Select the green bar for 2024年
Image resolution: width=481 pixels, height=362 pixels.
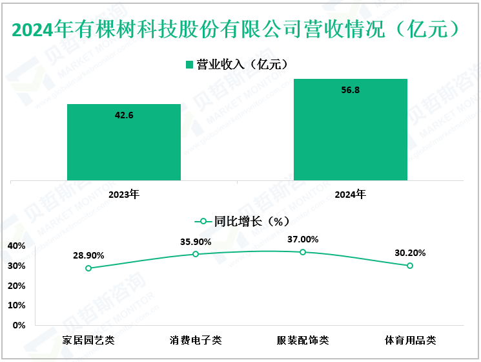point(351,129)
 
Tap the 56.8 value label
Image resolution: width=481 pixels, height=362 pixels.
point(351,90)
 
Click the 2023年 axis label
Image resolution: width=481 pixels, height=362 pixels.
point(124,194)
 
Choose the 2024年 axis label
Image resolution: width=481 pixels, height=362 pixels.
point(351,194)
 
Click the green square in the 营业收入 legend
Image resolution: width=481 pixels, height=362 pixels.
point(190,64)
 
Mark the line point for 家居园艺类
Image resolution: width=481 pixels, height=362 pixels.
point(88,268)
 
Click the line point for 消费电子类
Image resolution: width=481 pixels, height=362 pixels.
point(196,254)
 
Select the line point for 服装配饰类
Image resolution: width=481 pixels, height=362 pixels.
point(303,252)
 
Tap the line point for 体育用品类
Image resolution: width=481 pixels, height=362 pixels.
point(410,266)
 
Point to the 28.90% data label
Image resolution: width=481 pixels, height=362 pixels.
point(88,255)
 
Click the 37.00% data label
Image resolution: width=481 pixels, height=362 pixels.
point(303,239)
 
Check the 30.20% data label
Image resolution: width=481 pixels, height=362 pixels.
point(410,253)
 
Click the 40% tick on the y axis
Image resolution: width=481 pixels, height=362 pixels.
point(17,246)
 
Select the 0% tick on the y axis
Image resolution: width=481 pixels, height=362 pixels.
point(19,325)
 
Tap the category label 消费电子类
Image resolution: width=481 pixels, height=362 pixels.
point(196,339)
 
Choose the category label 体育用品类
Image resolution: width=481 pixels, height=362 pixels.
point(410,339)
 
